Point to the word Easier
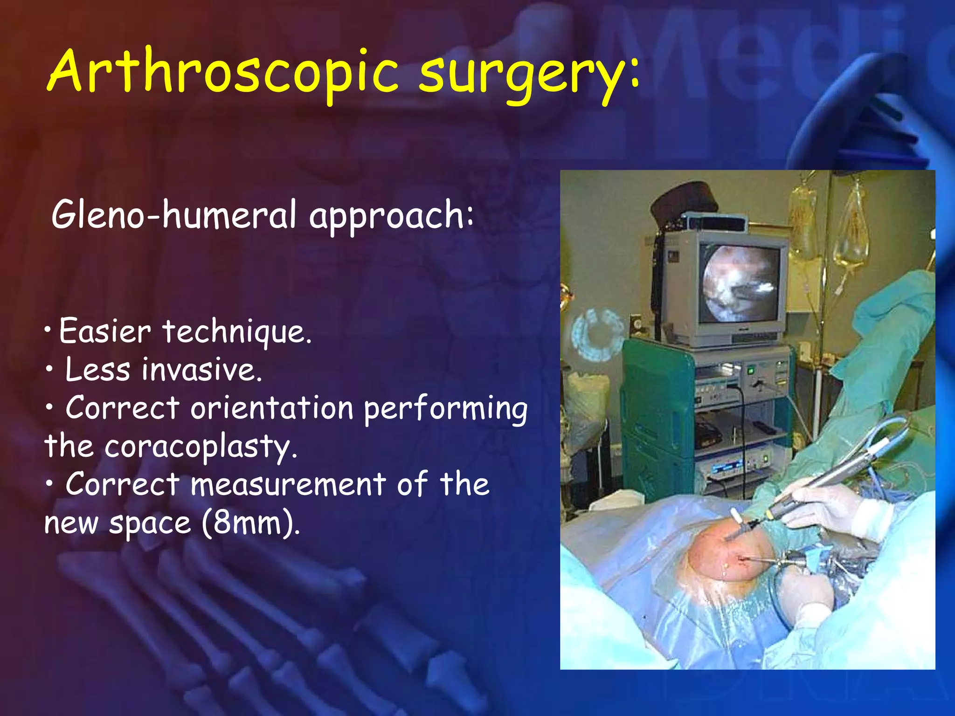pos(105,331)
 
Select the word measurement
pos(288,484)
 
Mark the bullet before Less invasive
pos(49,370)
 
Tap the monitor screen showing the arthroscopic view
pos(740,284)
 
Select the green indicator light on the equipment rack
pos(751,371)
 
